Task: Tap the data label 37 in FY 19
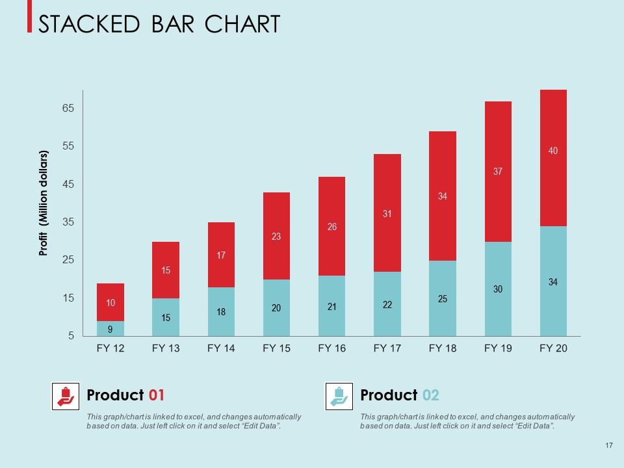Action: tap(498, 172)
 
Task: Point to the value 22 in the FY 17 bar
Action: tap(387, 305)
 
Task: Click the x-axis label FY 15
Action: tap(276, 348)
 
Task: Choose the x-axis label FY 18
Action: tap(443, 348)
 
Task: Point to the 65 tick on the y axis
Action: tap(68, 109)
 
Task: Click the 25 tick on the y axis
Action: tap(68, 260)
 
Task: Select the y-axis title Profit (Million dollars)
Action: tap(44, 203)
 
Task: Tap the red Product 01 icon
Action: tap(65, 396)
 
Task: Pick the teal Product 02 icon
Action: tap(339, 396)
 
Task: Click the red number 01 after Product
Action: tap(157, 395)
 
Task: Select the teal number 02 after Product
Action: tap(430, 395)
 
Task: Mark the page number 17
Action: tap(608, 445)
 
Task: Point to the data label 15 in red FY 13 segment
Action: tap(166, 270)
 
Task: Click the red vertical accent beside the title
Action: tap(29, 16)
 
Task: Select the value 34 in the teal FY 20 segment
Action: tap(553, 282)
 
